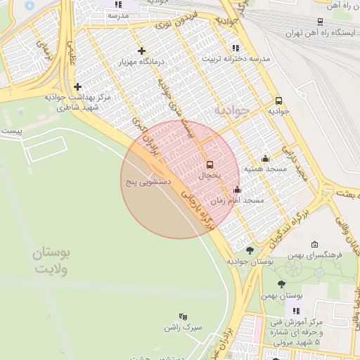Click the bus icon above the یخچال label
point(210,165)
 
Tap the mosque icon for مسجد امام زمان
point(237,189)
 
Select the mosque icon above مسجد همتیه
point(265,158)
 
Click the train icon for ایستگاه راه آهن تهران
point(320,21)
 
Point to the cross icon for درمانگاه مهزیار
point(143,51)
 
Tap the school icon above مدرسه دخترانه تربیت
point(235,48)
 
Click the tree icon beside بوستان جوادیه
point(250,250)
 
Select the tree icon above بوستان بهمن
point(281,284)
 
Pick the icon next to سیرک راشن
point(184,316)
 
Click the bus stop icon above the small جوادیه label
point(278,101)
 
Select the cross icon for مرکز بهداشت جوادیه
point(77,86)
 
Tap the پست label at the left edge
point(11,131)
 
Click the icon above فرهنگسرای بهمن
point(314,244)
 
